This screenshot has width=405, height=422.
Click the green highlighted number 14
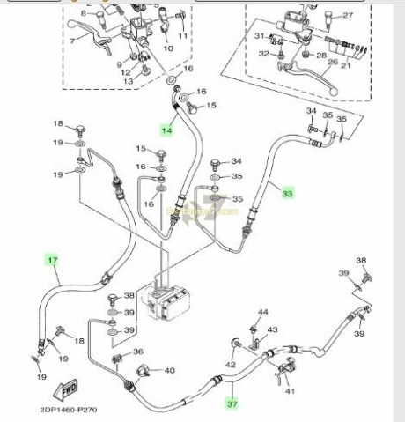click(167, 130)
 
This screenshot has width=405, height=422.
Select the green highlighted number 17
click(53, 260)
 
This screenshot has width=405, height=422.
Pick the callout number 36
click(136, 352)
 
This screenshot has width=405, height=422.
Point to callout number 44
click(262, 313)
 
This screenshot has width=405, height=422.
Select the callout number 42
click(231, 364)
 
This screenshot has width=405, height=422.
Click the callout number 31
click(259, 36)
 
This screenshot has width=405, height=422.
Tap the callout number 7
click(72, 41)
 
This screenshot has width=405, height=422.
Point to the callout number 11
click(182, 36)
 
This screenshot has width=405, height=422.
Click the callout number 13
click(126, 82)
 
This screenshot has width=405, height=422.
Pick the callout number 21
click(345, 65)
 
